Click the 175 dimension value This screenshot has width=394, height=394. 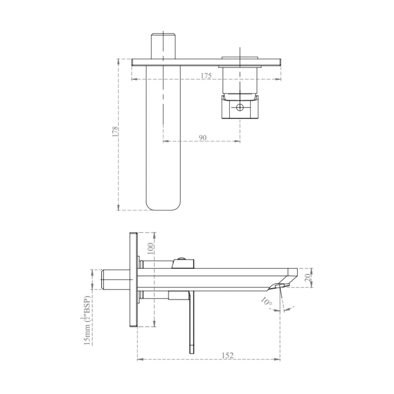click(206, 76)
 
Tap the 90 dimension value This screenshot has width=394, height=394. click(202, 138)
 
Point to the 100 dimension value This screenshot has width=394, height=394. click(150, 248)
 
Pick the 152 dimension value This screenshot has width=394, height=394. click(227, 355)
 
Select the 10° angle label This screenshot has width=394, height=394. click(266, 302)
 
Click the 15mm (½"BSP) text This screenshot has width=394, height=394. click(87, 320)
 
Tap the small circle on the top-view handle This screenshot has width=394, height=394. click(240, 107)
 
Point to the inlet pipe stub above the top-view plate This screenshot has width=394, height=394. click(163, 46)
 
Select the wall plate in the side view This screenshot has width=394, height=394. click(133, 280)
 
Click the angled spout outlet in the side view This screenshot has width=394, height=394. click(279, 286)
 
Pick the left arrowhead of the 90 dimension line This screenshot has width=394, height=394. click(165, 141)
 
